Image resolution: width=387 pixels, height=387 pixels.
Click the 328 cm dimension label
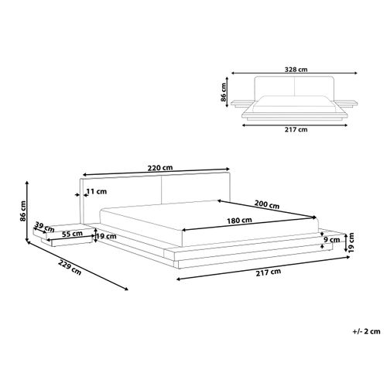[x=296, y=70]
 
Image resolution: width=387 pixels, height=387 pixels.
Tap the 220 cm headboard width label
[x=160, y=168]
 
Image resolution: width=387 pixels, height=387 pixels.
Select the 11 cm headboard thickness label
[x=96, y=191]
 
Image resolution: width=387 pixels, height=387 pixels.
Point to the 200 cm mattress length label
[x=267, y=204]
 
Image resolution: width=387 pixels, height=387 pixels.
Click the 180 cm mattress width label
[x=239, y=221]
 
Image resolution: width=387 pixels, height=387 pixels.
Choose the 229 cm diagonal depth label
[x=70, y=267]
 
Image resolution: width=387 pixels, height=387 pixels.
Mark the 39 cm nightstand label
[x=44, y=227]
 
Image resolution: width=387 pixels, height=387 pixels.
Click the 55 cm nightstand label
[x=72, y=234]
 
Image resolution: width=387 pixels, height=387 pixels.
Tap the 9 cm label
[x=332, y=240]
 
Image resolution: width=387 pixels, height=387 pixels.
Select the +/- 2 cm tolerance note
[x=366, y=331]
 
